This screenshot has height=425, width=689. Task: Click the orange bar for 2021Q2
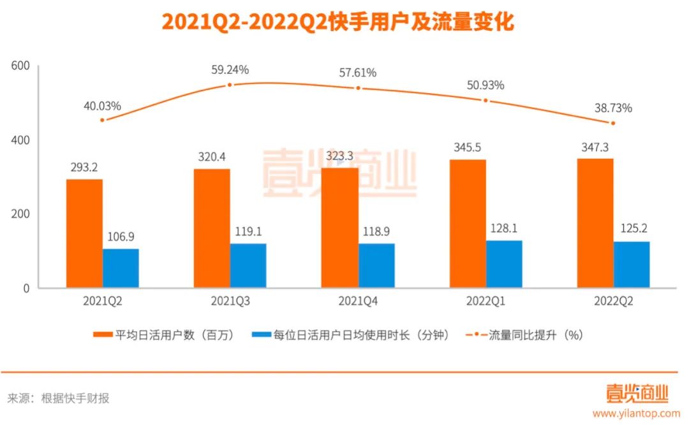[84, 234]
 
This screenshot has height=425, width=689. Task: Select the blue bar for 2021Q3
[248, 265]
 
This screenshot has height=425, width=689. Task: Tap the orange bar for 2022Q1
[468, 224]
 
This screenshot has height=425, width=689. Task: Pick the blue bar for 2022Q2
[632, 264]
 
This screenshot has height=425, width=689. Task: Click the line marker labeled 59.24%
[230, 84]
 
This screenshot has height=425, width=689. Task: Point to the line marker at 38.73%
[613, 123]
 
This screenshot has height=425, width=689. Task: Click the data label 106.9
[121, 237]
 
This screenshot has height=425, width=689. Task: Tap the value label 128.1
[504, 228]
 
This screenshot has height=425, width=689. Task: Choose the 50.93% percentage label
[485, 85]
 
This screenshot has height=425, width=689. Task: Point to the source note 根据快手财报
[75, 398]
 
